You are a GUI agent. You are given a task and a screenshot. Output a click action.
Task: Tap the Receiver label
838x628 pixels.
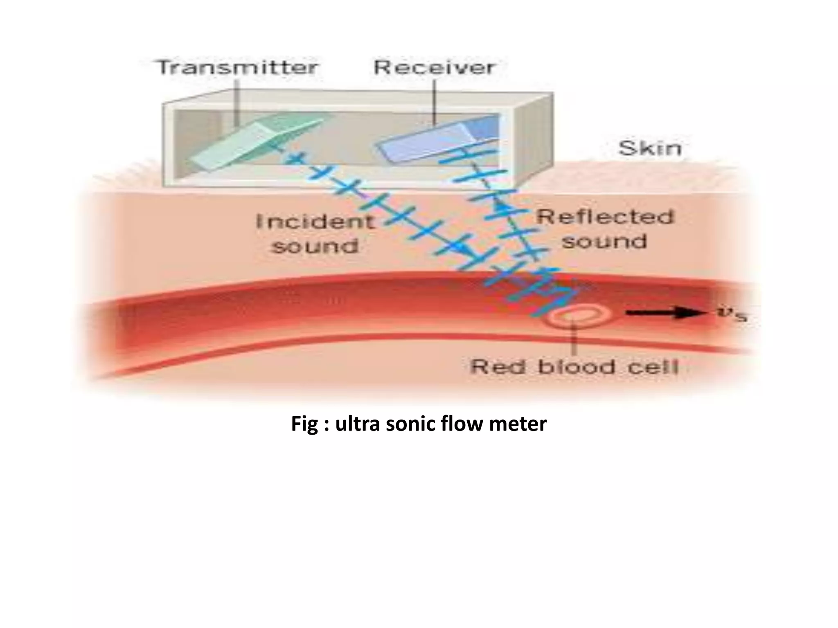(435, 67)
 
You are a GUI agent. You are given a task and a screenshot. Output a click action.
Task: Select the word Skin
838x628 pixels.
(650, 148)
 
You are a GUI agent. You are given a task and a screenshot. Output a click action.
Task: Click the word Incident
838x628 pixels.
(315, 221)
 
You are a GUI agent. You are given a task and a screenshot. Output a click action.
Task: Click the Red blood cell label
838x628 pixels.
(574, 367)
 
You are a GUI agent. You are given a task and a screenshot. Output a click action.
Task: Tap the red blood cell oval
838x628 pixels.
(578, 316)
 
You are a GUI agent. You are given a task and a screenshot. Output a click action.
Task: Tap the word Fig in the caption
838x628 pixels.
(302, 424)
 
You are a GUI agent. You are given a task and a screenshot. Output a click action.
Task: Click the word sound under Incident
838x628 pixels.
(315, 246)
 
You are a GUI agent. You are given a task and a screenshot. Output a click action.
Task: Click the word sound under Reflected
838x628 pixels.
(604, 241)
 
